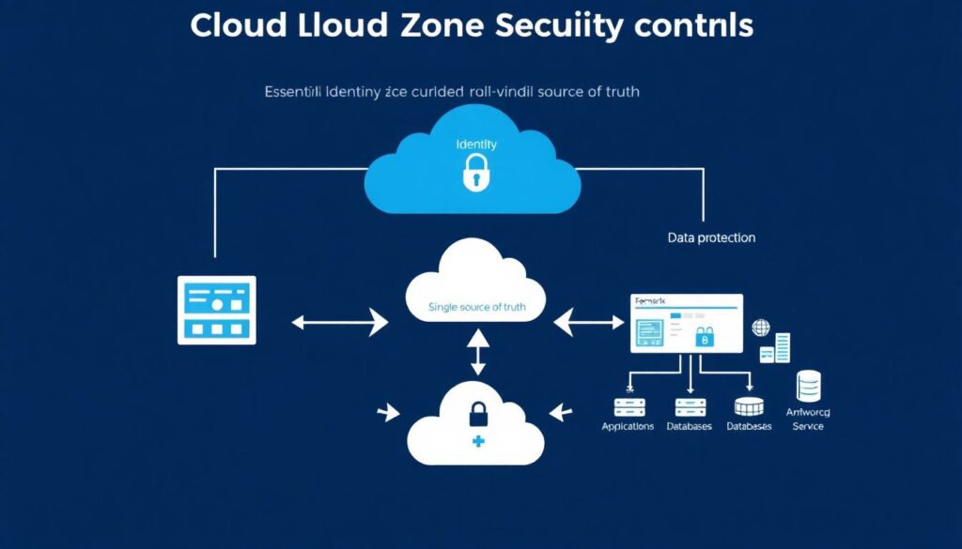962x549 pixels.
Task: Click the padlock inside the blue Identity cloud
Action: point(476,174)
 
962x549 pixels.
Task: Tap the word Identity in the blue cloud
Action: point(476,145)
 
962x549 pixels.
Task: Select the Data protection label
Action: point(711,238)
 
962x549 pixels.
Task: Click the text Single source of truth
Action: point(476,307)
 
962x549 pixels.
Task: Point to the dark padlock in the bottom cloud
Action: point(477,412)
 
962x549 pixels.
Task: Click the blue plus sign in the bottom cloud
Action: point(477,441)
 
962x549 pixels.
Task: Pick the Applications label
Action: point(628,426)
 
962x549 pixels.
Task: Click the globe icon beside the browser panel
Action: point(760,328)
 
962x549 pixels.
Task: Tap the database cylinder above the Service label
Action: point(808,386)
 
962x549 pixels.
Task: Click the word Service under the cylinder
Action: point(808,426)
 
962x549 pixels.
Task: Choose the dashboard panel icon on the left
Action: point(217,310)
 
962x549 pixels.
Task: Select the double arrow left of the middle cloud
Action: point(340,323)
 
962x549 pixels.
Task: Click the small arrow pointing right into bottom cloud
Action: point(386,412)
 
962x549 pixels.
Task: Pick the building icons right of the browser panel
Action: point(776,348)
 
